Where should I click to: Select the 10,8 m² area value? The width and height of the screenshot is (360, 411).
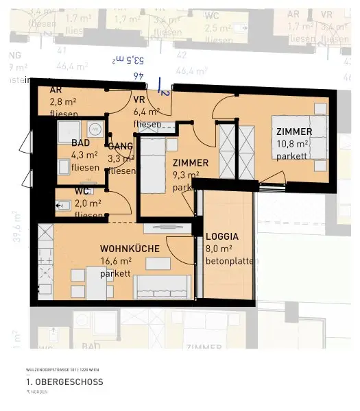pyautogui.click(x=294, y=144)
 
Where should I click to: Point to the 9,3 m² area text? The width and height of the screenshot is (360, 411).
pyautogui.click(x=185, y=175)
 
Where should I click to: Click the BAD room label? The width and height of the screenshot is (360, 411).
pyautogui.click(x=80, y=143)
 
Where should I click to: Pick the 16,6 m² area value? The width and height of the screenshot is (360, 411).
pyautogui.click(x=116, y=261)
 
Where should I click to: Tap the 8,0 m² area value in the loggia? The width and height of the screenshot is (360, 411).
pyautogui.click(x=219, y=249)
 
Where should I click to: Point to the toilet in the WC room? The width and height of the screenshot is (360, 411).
pyautogui.click(x=64, y=204)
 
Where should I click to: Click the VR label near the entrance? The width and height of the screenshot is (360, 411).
pyautogui.click(x=139, y=99)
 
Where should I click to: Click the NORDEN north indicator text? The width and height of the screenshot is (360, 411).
pyautogui.click(x=38, y=392)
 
